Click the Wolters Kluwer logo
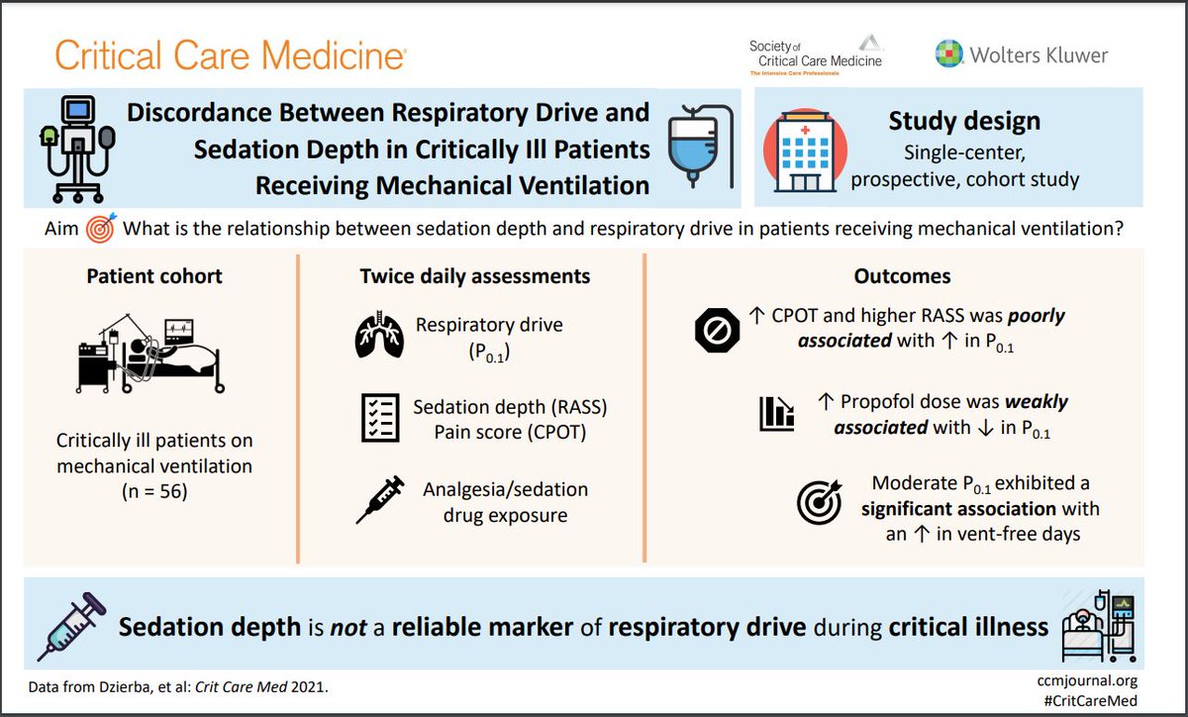(1021, 53)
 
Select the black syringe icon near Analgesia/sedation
(380, 501)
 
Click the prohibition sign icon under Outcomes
(718, 330)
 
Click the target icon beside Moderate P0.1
(820, 502)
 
